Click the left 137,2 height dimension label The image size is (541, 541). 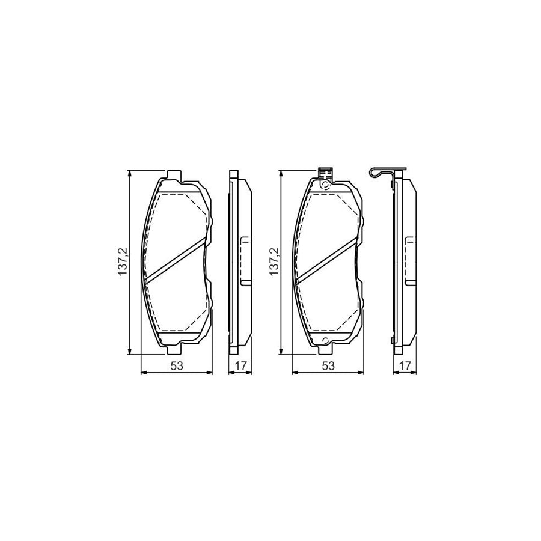pyautogui.click(x=123, y=263)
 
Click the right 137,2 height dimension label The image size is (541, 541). pyautogui.click(x=275, y=263)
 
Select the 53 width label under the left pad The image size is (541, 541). pyautogui.click(x=176, y=365)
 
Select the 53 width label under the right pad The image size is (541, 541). pyautogui.click(x=328, y=365)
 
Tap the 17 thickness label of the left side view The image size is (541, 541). pyautogui.click(x=240, y=365)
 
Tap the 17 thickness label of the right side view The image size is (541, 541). pyautogui.click(x=404, y=365)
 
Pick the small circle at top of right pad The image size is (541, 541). pyautogui.click(x=325, y=185)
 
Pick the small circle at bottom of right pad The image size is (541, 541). pyautogui.click(x=325, y=343)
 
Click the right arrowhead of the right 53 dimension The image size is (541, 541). pyautogui.click(x=361, y=373)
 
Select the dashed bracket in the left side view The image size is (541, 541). pyautogui.click(x=245, y=261)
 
